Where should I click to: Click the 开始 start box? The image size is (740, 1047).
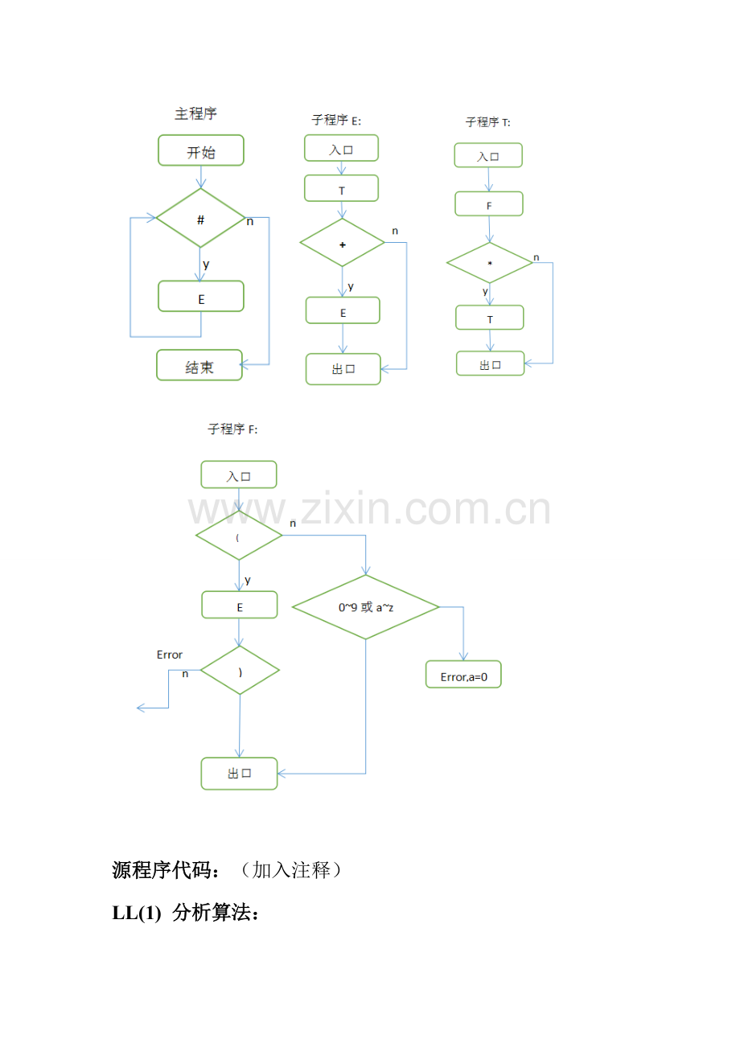point(200,150)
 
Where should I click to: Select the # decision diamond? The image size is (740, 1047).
point(200,218)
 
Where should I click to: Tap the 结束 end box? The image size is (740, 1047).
point(199,365)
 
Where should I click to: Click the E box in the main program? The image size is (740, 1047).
point(200,297)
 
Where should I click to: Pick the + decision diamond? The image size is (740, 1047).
point(342,243)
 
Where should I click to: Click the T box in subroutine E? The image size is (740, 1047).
point(341,188)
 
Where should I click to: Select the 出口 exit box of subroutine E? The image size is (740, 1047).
point(343,369)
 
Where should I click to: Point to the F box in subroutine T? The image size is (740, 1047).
point(489,203)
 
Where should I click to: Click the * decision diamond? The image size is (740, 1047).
point(489,263)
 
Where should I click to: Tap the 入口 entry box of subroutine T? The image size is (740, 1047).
point(488,155)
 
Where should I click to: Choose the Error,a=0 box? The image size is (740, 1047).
point(463,674)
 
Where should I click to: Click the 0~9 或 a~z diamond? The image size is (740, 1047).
point(365,606)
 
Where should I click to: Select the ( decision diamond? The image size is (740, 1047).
point(239,536)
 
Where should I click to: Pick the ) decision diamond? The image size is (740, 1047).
point(240,671)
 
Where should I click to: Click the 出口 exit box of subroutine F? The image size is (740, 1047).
point(240,774)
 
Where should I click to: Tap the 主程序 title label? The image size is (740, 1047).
point(195,113)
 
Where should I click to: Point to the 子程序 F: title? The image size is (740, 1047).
point(232,429)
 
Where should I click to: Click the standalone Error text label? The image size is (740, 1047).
point(169,655)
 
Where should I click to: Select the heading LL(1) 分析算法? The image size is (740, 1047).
point(185,913)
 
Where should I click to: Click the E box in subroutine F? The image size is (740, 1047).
point(240,605)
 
